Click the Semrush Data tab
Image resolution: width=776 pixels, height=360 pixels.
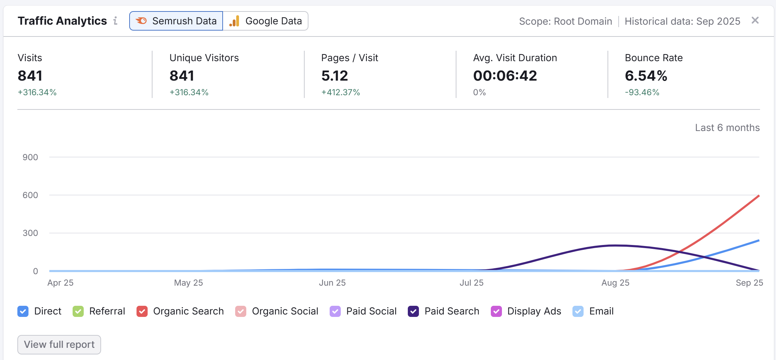click(x=176, y=21)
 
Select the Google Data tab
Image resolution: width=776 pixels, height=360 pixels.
click(x=266, y=21)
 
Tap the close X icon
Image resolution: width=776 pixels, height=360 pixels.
click(x=755, y=21)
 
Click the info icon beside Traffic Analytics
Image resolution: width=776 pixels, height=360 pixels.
click(x=115, y=21)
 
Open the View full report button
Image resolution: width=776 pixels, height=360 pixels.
click(x=59, y=344)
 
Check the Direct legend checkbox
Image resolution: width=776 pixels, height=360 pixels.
click(x=23, y=311)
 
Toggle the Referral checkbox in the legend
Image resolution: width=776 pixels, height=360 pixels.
click(x=78, y=311)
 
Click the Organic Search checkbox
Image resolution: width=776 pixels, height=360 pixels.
click(x=142, y=311)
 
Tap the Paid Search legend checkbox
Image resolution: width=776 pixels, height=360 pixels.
click(x=413, y=311)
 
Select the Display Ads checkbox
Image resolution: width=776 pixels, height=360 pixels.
click(x=496, y=311)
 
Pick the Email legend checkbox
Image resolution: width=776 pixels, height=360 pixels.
click(x=578, y=311)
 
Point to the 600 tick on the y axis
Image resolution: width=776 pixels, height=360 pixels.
click(x=30, y=195)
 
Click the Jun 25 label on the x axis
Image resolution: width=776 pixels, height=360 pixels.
click(x=332, y=283)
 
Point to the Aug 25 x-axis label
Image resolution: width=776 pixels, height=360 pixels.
click(x=615, y=283)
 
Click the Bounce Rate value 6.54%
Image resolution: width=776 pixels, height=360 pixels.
click(x=646, y=76)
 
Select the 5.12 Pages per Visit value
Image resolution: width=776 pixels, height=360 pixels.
click(x=335, y=76)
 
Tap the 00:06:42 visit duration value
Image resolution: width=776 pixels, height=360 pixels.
click(x=505, y=76)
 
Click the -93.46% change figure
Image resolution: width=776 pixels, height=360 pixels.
click(x=642, y=92)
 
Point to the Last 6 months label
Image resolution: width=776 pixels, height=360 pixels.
click(x=727, y=128)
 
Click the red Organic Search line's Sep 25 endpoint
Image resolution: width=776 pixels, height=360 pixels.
click(x=759, y=196)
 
